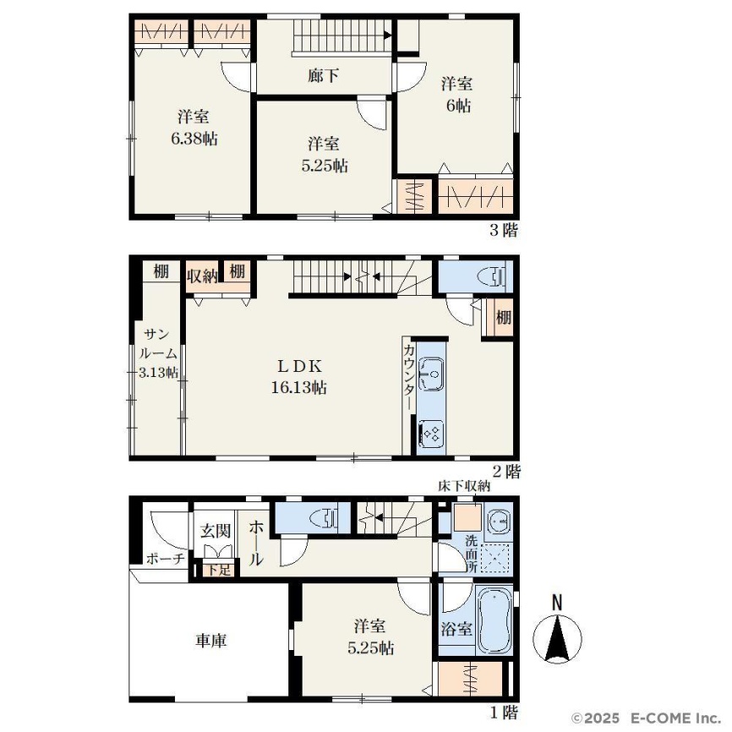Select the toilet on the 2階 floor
click(x=492, y=276)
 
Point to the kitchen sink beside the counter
click(x=431, y=374)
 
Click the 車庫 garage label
click(x=211, y=641)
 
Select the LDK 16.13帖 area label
click(x=298, y=377)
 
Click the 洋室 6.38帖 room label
click(x=194, y=128)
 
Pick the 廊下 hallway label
click(x=323, y=75)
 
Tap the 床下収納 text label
click(x=464, y=486)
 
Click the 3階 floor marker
click(x=504, y=230)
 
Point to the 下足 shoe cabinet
click(x=218, y=570)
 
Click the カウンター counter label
click(x=408, y=377)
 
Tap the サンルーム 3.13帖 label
click(x=158, y=353)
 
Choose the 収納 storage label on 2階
click(x=202, y=276)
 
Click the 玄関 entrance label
click(x=216, y=531)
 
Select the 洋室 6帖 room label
click(x=457, y=96)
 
